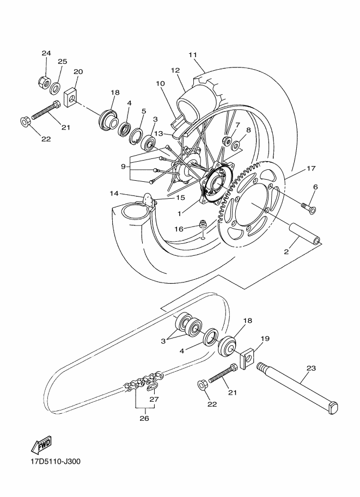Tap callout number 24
point(46,53)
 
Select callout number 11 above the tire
point(192,55)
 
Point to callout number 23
point(311,368)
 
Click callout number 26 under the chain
point(144,418)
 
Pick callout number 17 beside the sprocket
point(311,169)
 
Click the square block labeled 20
point(72,97)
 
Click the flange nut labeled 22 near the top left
point(26,121)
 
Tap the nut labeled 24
point(42,82)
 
